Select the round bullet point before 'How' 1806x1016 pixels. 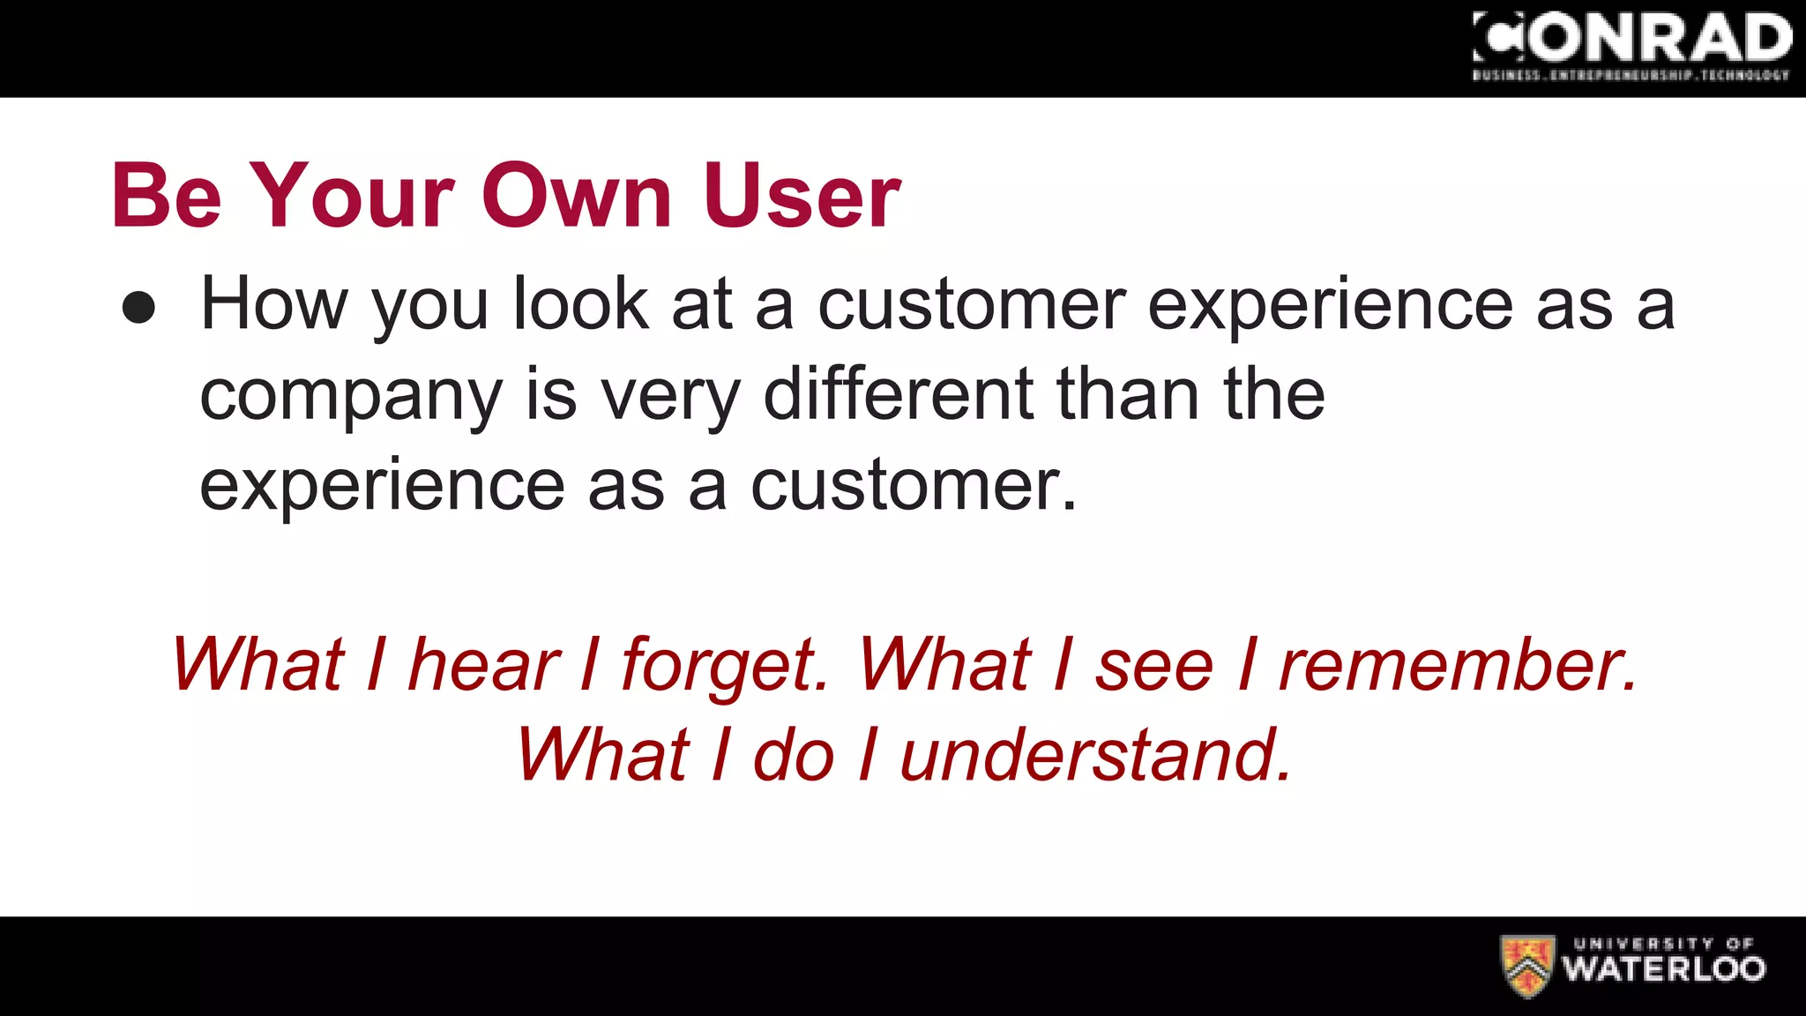[138, 309]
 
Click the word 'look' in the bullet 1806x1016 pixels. [580, 303]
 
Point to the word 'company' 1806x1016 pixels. [351, 397]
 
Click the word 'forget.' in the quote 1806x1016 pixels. [725, 666]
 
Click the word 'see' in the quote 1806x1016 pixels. [1154, 666]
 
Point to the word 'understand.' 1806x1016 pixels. [1096, 755]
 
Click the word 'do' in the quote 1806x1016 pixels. [793, 755]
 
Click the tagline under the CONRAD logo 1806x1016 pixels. [1631, 76]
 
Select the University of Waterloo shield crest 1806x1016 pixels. [1526, 966]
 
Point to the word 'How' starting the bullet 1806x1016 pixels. [274, 303]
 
